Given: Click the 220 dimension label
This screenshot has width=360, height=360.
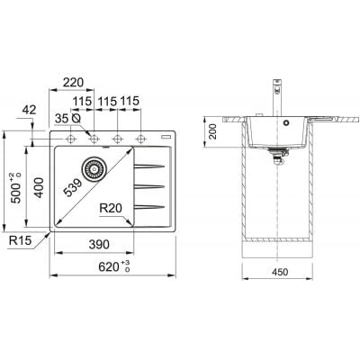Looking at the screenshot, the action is (x=72, y=82).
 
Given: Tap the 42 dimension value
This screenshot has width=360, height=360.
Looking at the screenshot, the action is (x=30, y=110).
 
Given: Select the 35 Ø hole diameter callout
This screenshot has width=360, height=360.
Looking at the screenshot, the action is (x=67, y=119).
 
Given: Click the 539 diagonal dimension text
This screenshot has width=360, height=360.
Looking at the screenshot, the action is (x=73, y=188).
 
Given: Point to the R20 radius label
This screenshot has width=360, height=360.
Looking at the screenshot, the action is (x=111, y=208).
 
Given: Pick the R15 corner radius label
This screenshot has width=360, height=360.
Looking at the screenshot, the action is (x=20, y=240).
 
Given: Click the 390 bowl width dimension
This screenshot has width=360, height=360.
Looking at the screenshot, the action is (x=99, y=245).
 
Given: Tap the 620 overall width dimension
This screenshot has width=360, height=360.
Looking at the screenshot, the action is (x=114, y=266).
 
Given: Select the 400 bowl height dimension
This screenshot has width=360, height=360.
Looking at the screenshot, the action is (x=39, y=188).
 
